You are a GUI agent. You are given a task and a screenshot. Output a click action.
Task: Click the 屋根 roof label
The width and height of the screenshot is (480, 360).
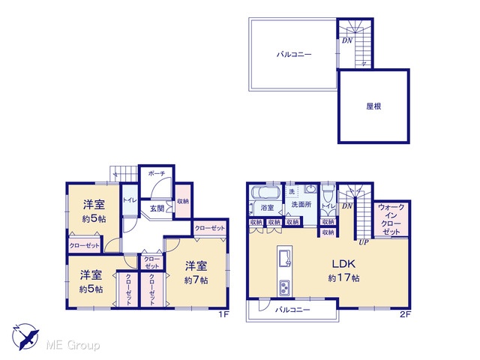[373, 106]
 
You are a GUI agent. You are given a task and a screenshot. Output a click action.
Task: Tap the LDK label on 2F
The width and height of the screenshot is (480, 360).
[343, 263]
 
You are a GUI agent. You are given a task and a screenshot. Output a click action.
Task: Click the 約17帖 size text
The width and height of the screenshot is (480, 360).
[343, 278]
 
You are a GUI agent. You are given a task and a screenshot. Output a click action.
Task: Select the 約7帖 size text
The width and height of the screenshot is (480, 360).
[196, 280]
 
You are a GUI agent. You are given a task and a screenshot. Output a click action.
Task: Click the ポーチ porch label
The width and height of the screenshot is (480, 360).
[157, 173]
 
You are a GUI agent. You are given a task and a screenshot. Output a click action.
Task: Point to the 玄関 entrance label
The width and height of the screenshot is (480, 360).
[157, 208]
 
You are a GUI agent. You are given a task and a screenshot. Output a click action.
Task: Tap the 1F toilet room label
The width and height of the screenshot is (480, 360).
[130, 200]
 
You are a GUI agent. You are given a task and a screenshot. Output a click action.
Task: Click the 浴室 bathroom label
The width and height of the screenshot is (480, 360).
[267, 208]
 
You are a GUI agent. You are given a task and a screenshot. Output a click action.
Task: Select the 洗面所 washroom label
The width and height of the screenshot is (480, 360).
[301, 205]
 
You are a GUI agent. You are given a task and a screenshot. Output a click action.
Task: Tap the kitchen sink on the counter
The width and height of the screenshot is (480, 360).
[285, 258]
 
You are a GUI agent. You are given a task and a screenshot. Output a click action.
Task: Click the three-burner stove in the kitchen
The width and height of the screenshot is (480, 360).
[285, 287]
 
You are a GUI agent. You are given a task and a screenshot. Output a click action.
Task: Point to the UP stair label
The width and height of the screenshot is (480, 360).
[364, 242]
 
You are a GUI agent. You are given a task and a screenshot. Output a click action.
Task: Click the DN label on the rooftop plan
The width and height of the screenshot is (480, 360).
[347, 40]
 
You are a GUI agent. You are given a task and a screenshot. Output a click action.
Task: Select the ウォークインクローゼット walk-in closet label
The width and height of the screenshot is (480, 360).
[391, 219]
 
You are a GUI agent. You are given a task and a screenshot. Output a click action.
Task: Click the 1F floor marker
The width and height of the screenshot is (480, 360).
[223, 314]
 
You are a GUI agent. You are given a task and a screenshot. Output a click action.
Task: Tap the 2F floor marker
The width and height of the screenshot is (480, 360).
[405, 314]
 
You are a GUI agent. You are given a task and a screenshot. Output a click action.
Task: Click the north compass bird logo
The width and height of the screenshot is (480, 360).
[25, 337]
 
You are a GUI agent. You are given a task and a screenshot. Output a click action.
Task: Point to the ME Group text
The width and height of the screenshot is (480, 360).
[73, 345]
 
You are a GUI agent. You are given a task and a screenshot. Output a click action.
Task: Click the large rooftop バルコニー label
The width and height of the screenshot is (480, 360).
[294, 55]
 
